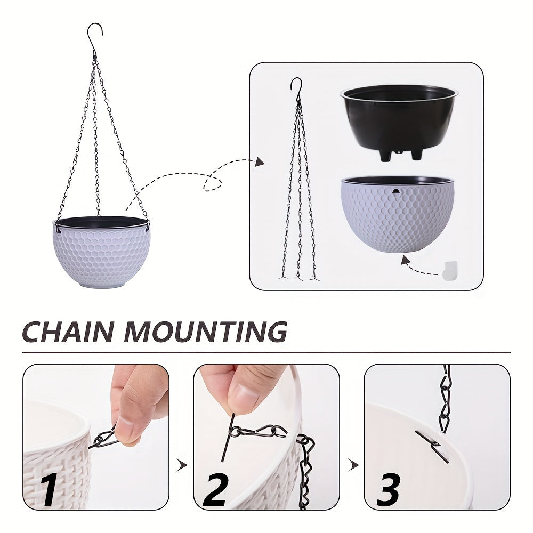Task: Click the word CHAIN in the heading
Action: click(69, 332)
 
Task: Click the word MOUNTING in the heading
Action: click(206, 332)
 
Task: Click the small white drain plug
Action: click(449, 270)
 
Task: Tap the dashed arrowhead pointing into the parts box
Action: click(260, 161)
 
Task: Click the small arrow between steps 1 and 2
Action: click(183, 465)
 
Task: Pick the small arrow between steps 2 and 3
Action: click(353, 465)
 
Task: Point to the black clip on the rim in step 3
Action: click(432, 446)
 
